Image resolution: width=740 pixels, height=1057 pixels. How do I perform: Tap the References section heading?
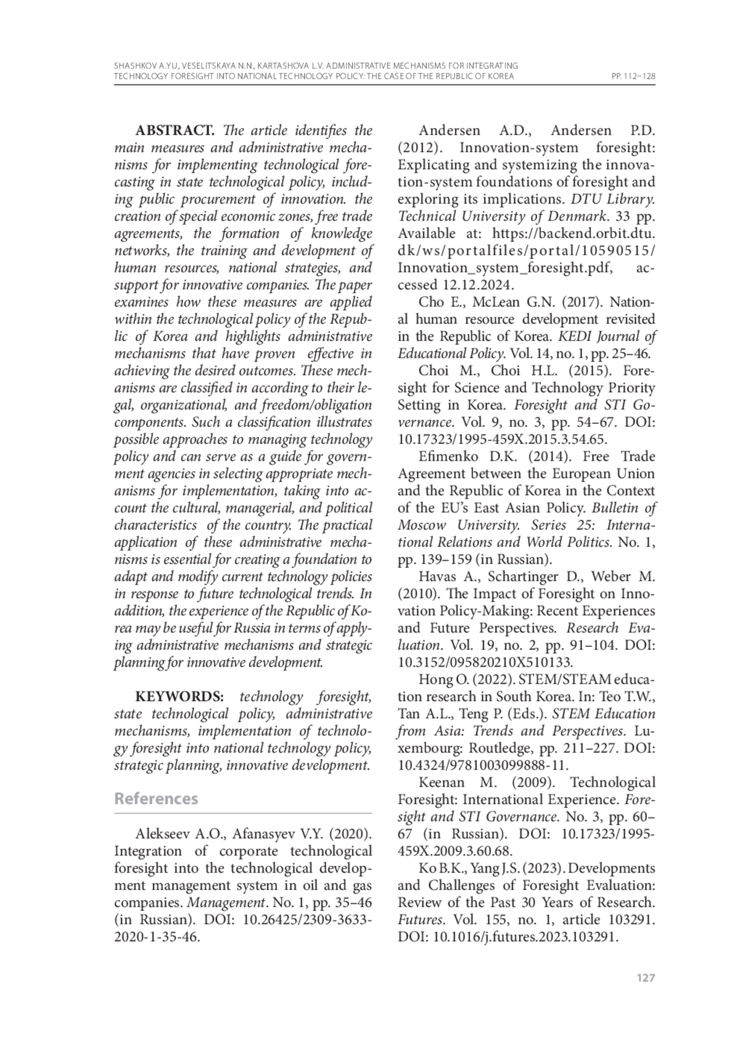pyautogui.click(x=156, y=799)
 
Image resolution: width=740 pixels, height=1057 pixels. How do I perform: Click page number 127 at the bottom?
pyautogui.click(x=645, y=978)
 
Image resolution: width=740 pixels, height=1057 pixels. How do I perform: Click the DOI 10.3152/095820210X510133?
pyautogui.click(x=485, y=663)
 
